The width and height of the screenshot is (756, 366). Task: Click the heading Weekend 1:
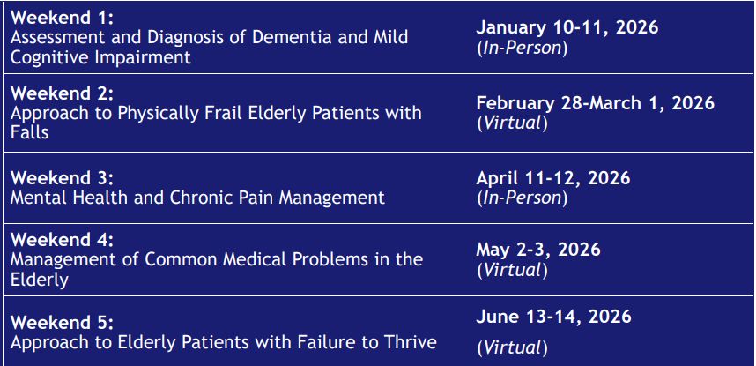click(62, 18)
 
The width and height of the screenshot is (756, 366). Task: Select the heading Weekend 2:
click(62, 93)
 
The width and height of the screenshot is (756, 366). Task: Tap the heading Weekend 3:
click(62, 177)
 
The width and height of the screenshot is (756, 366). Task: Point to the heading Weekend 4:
click(62, 240)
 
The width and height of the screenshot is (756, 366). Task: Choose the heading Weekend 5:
click(62, 322)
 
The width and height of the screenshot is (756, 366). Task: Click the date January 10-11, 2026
click(567, 27)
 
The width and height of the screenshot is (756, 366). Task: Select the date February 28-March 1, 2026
click(596, 103)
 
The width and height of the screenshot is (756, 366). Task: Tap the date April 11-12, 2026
click(553, 178)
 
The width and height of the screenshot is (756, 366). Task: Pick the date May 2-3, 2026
click(538, 250)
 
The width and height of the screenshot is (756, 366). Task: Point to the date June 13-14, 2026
click(553, 317)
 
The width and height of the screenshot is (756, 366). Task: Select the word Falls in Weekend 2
click(29, 131)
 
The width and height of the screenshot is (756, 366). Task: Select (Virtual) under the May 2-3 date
click(513, 271)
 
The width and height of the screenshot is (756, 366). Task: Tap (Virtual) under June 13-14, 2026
click(513, 347)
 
